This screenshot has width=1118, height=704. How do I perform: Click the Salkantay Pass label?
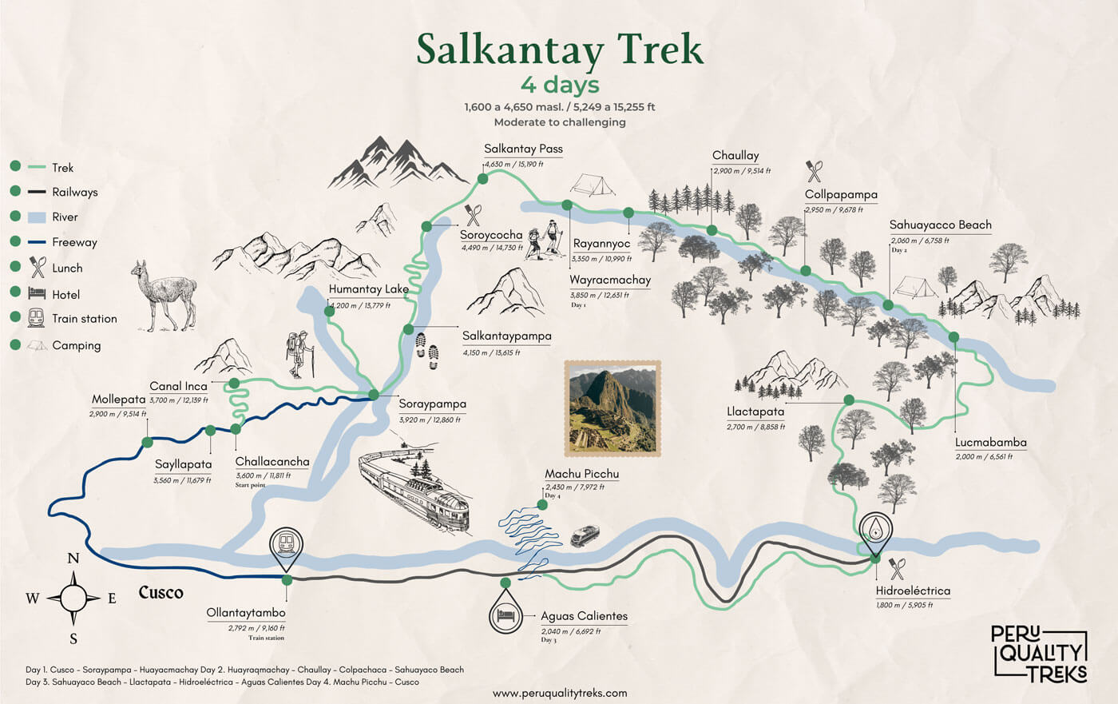click(523, 149)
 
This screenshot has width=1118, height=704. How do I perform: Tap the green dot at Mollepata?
click(147, 442)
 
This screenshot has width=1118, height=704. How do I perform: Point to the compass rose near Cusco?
click(73, 597)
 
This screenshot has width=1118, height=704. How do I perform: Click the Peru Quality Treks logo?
click(1039, 653)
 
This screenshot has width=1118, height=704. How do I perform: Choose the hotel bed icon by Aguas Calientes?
click(505, 616)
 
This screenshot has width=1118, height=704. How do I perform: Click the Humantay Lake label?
click(369, 289)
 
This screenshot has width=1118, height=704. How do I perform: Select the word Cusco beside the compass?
click(161, 593)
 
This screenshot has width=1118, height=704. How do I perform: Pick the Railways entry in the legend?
click(74, 192)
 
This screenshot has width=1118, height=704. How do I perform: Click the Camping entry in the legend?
click(76, 345)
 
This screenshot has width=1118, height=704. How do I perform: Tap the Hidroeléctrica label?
click(913, 591)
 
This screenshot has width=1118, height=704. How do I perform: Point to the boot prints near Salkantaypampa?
click(426, 351)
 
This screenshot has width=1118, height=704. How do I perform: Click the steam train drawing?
click(414, 489)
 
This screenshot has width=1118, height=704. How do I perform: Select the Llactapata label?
click(755, 412)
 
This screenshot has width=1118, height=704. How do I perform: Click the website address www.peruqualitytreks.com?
click(560, 693)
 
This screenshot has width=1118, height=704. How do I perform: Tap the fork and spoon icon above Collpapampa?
click(814, 171)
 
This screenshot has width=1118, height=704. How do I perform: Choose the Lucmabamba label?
click(990, 443)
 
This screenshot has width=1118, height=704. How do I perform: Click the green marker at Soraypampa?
click(373, 395)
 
